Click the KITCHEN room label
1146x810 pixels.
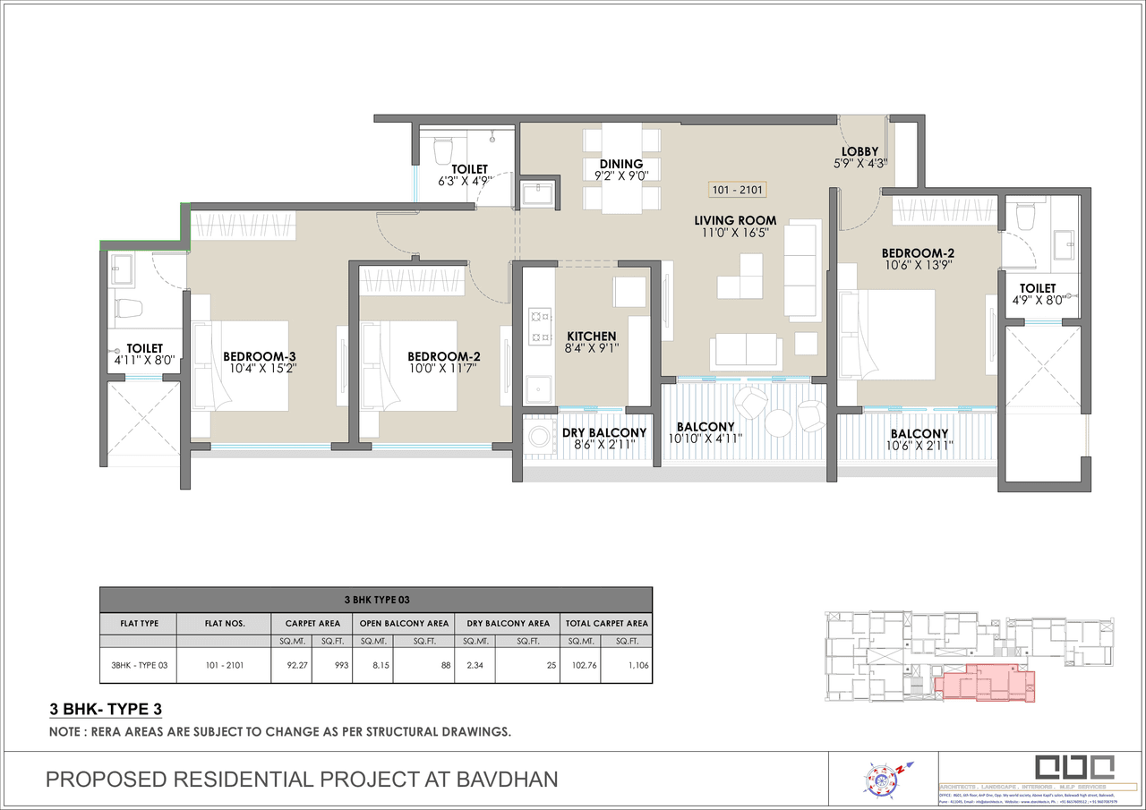click(591, 337)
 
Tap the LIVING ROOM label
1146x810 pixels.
click(735, 221)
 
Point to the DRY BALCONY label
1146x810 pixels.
click(604, 433)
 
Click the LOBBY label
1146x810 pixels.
click(859, 152)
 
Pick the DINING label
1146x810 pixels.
click(621, 164)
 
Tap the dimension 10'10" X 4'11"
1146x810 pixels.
click(706, 439)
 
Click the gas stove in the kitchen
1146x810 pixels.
click(541, 327)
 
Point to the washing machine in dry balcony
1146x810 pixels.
click(539, 438)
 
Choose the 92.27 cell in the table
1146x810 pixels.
click(291, 665)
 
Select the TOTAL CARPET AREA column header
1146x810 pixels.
click(607, 623)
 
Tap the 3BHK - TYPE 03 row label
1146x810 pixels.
click(139, 665)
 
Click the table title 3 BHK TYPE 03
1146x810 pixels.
click(376, 599)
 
